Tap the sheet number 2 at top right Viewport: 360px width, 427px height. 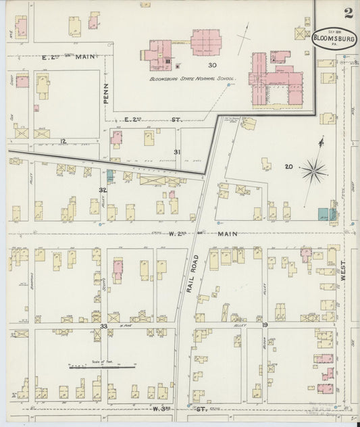[x=348, y=12]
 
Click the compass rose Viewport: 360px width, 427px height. [x=314, y=171]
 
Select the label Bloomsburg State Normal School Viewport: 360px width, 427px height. [x=192, y=79]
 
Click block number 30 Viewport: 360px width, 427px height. [x=212, y=66]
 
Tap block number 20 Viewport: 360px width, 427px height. [x=288, y=167]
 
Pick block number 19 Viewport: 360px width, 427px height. [x=265, y=326]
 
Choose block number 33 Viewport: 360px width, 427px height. [x=103, y=326]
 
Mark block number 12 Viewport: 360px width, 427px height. [x=63, y=141]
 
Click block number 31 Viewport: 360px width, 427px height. [x=178, y=151]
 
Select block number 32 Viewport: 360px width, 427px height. [x=102, y=191]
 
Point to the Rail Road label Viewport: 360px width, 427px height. [x=192, y=272]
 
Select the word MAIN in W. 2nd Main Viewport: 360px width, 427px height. [x=227, y=234]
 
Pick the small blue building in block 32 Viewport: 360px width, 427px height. [x=111, y=175]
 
